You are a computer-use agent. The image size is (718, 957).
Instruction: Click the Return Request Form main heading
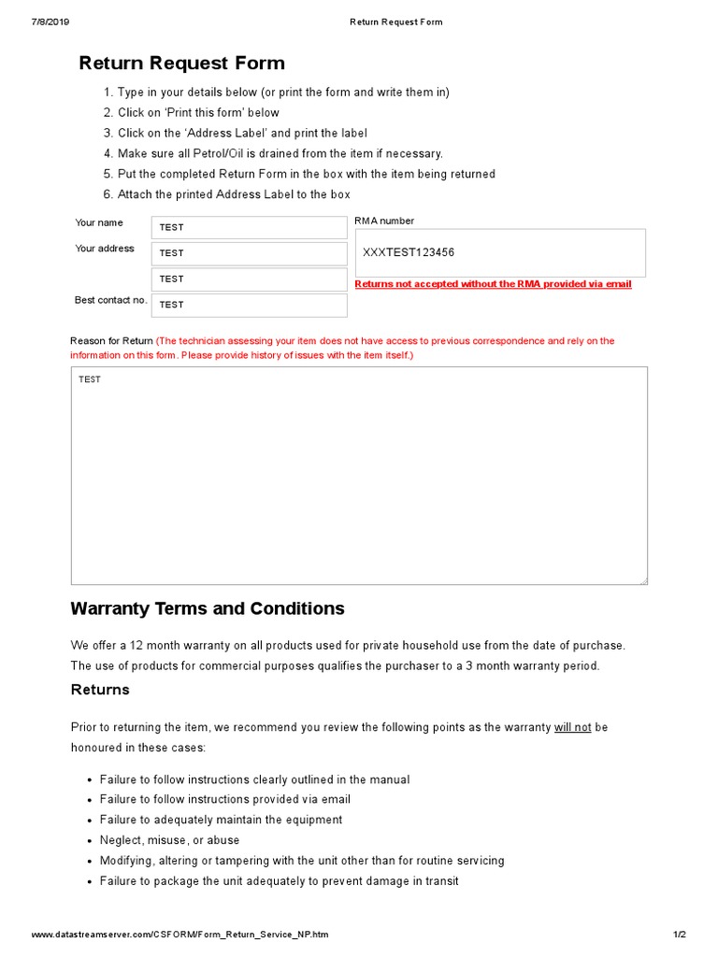(181, 64)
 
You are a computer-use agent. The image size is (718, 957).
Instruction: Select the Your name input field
(249, 227)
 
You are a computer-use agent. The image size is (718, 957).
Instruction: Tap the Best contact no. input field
(249, 305)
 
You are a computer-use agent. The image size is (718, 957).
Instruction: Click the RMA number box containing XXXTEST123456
(499, 252)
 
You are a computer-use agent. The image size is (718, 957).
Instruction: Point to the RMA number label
(384, 221)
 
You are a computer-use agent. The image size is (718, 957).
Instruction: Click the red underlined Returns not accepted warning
(493, 284)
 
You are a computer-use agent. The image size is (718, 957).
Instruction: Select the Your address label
(104, 249)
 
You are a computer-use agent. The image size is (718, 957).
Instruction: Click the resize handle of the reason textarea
(643, 581)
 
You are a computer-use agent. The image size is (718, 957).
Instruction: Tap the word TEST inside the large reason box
(90, 379)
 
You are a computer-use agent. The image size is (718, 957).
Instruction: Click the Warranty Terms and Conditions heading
(208, 608)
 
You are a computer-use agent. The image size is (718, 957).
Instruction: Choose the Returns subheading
(100, 690)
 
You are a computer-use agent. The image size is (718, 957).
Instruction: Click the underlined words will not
(572, 727)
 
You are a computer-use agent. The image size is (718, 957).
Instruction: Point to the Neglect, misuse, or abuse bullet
(169, 840)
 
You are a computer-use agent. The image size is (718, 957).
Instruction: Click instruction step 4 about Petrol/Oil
(280, 153)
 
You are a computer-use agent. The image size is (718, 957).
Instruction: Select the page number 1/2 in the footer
(679, 935)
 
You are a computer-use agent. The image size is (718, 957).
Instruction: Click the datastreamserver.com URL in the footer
(179, 935)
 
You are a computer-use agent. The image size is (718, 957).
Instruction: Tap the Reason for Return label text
(111, 341)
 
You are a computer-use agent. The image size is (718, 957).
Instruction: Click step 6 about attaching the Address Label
(234, 194)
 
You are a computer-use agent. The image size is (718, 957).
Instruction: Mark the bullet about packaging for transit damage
(279, 881)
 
